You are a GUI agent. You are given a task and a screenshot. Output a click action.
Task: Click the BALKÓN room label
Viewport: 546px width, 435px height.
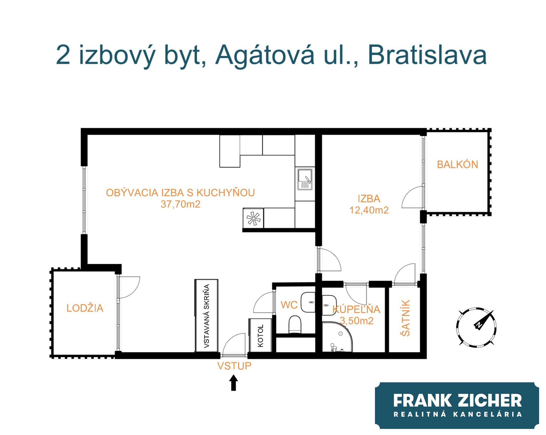point(457,165)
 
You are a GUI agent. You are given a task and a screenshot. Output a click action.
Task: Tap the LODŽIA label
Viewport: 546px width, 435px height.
point(85,308)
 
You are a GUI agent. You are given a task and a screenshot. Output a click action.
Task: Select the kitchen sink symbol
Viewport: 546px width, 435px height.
point(305,179)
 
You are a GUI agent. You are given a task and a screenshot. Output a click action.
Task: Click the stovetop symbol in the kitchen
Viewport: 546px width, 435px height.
point(253,218)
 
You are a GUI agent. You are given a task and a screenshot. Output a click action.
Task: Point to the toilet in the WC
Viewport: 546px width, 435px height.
point(295,324)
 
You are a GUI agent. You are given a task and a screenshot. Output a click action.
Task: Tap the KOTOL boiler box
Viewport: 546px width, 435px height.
point(261,335)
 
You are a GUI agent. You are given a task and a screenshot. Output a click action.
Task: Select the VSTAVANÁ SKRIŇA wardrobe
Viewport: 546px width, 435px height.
point(206,316)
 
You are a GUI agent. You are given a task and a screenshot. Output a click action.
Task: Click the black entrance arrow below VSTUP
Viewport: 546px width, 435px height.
point(234,383)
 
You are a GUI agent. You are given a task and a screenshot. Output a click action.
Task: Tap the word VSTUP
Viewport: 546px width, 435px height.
point(234,366)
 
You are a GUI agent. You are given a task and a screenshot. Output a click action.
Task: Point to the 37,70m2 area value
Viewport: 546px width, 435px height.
point(180,204)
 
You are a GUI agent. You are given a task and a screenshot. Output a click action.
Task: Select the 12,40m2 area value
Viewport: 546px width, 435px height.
point(369,210)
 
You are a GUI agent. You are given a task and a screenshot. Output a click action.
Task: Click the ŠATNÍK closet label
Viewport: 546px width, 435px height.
point(406,318)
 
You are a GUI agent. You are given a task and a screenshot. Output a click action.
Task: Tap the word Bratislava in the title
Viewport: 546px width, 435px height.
point(427,55)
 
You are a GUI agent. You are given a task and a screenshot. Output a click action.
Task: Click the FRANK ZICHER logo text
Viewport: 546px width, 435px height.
point(458,400)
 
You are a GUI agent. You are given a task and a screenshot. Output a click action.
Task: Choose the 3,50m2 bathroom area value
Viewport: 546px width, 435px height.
point(356,321)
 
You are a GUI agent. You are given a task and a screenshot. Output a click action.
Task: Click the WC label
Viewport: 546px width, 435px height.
point(289,305)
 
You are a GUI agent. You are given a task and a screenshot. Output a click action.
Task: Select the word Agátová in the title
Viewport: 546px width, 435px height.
point(265,55)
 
